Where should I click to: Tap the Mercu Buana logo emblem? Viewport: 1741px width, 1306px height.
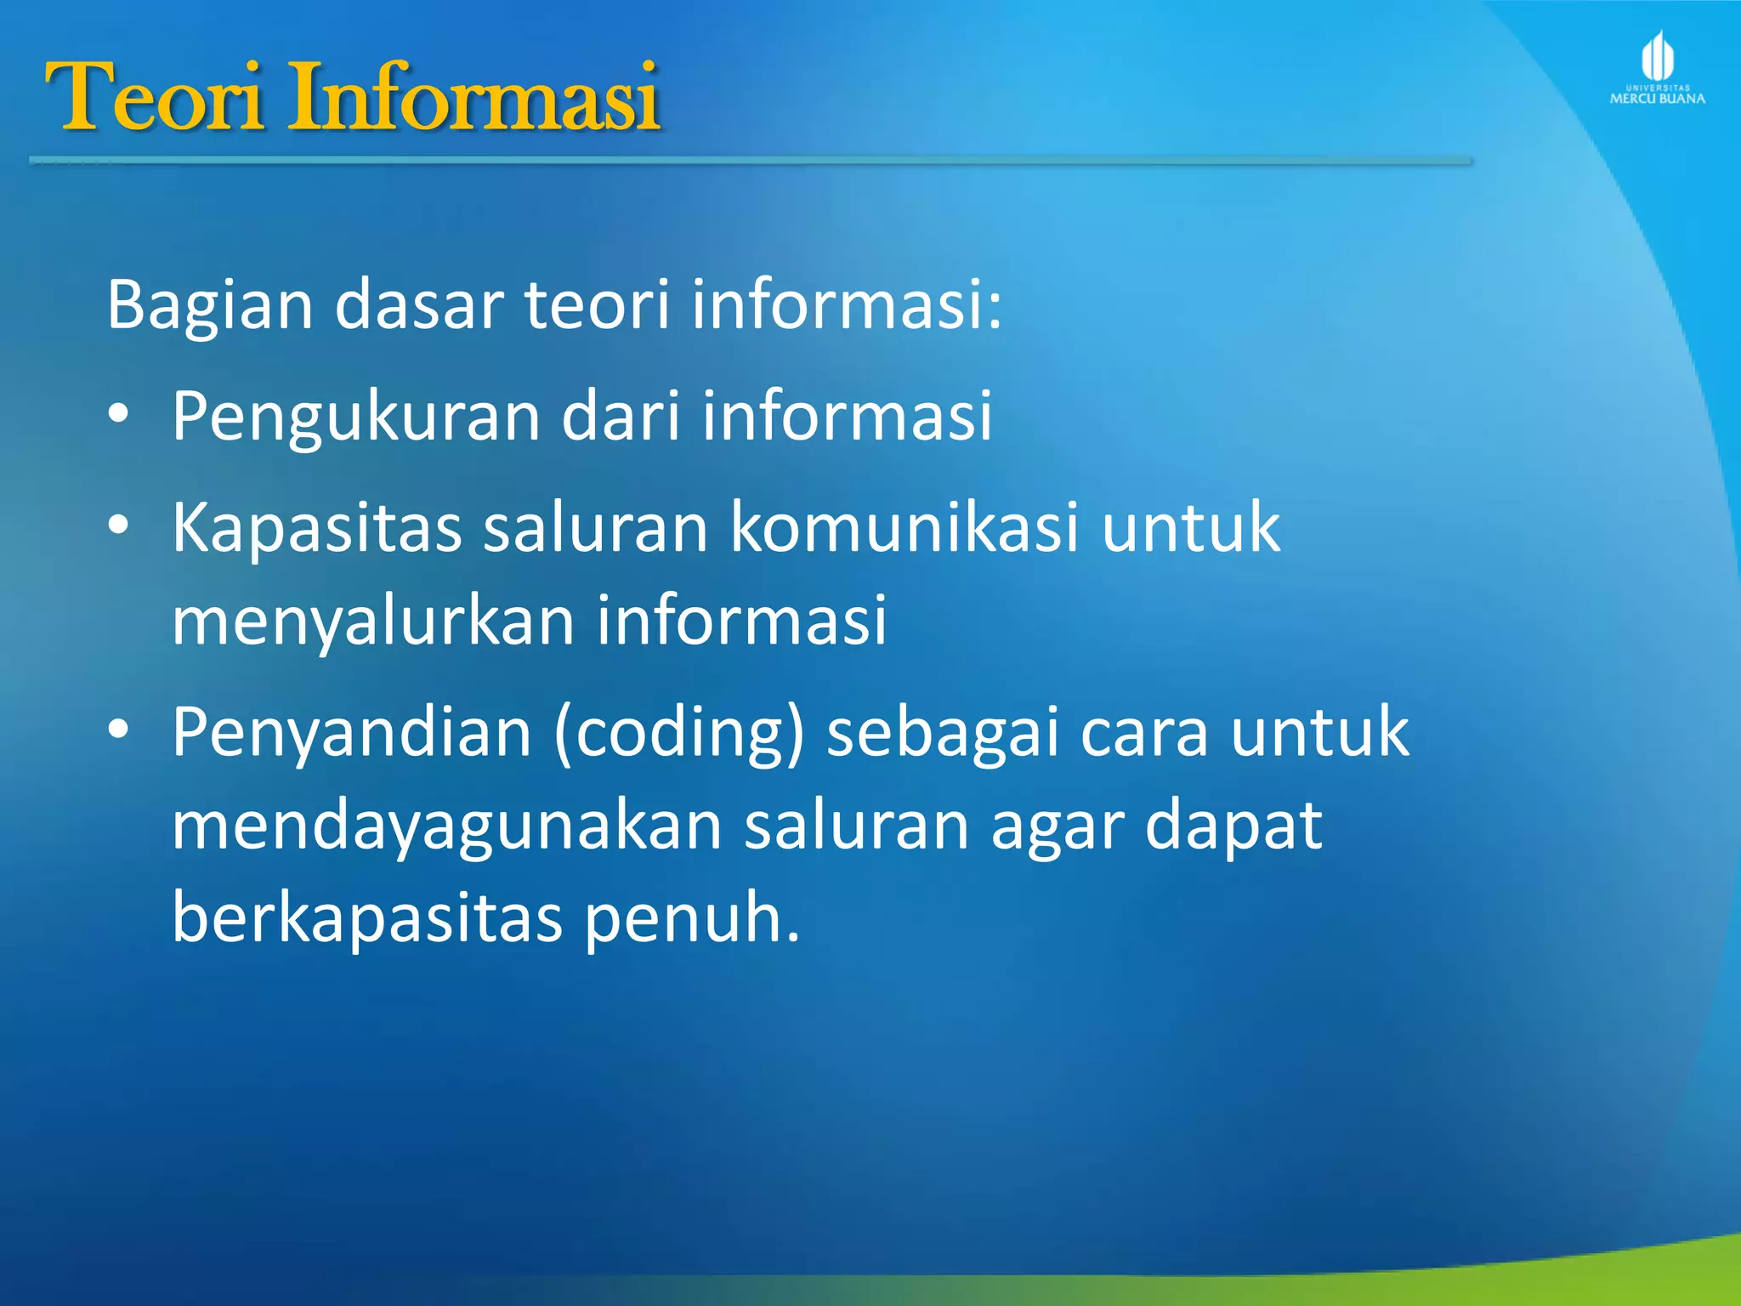click(x=1657, y=58)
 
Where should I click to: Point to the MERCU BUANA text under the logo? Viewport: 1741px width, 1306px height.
click(x=1657, y=99)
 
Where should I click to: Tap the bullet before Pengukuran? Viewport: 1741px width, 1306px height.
click(x=119, y=415)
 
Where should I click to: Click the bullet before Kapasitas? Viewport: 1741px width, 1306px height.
click(x=119, y=526)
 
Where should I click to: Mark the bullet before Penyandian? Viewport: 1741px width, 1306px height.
click(x=119, y=730)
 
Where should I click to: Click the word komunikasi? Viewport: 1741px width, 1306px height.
click(x=905, y=527)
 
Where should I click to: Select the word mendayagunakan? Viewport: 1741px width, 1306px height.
click(x=447, y=827)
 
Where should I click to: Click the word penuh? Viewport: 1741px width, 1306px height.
click(x=690, y=920)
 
